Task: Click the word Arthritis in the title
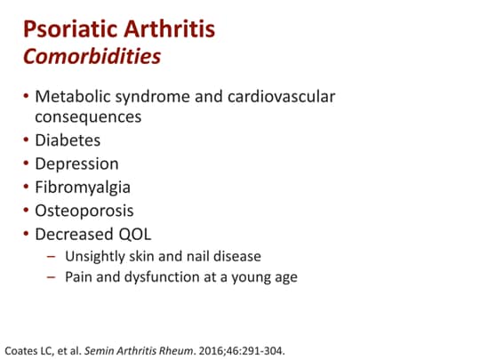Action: pyautogui.click(x=167, y=31)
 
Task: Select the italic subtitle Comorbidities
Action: pyautogui.click(x=92, y=58)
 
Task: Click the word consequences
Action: pyautogui.click(x=88, y=116)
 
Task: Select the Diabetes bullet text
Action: pyautogui.click(x=68, y=140)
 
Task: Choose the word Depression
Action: pyautogui.click(x=76, y=164)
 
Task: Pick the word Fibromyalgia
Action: pyautogui.click(x=83, y=188)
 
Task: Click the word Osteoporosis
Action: pyautogui.click(x=84, y=212)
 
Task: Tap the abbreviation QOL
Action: pyautogui.click(x=132, y=235)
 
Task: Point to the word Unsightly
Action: pyautogui.click(x=94, y=257)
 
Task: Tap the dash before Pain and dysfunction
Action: pyautogui.click(x=51, y=277)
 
